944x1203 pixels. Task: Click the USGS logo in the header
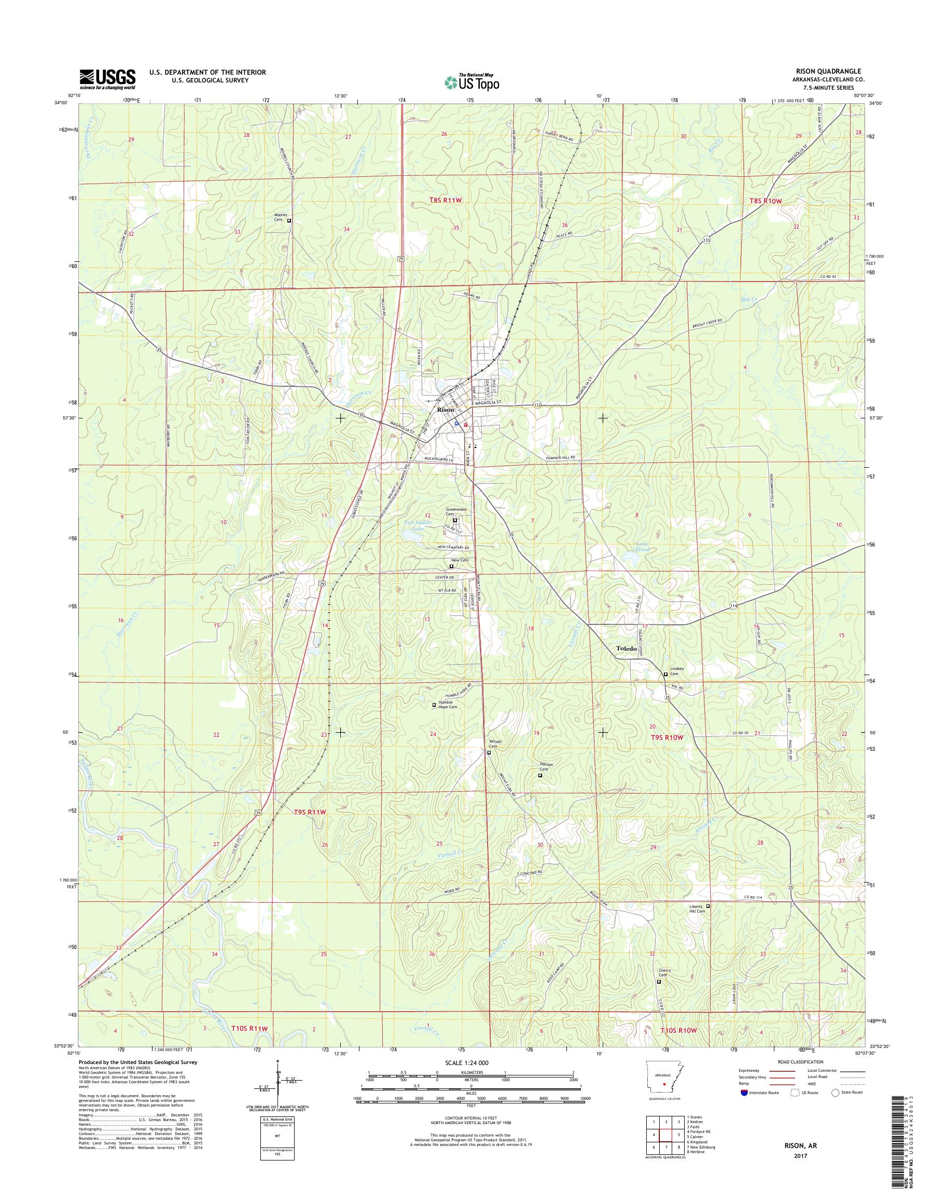point(107,79)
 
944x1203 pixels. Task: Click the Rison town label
point(445,410)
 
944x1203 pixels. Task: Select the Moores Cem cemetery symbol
point(289,220)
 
